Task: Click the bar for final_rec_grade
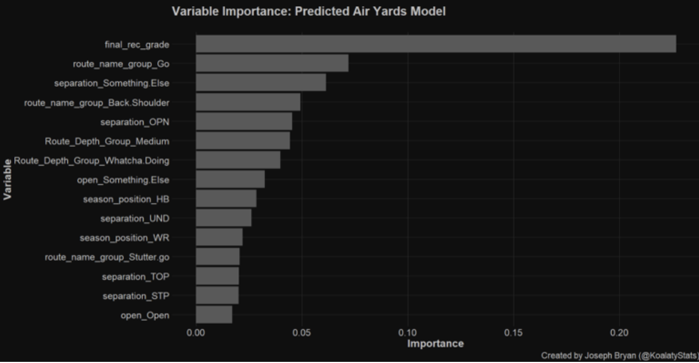436,44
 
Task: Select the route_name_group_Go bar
272,64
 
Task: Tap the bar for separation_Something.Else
260,83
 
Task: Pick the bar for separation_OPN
244,121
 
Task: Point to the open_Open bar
214,315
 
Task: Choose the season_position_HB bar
226,199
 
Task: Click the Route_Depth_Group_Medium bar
243,141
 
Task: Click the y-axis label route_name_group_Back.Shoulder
96,103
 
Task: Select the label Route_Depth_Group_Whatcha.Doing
91,161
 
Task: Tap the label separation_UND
134,218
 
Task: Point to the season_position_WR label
124,238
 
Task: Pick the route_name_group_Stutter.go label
107,257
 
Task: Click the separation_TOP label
136,277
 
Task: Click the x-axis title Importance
435,344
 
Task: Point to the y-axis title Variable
8,179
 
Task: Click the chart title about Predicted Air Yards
309,11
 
